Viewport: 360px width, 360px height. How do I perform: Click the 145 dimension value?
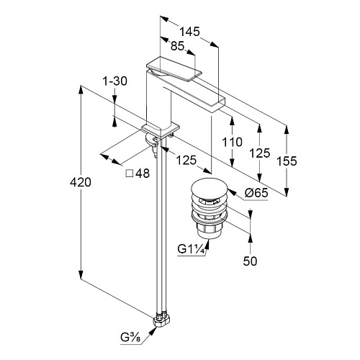[190, 32]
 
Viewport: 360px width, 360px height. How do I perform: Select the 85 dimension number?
[177, 46]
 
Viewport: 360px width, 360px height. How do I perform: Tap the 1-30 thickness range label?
[115, 81]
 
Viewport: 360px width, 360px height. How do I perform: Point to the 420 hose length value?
[81, 182]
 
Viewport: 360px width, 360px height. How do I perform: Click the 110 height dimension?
[232, 142]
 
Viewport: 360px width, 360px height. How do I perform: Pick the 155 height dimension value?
[287, 161]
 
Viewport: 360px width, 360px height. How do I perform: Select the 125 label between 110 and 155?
[260, 153]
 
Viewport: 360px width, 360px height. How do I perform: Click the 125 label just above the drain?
[186, 160]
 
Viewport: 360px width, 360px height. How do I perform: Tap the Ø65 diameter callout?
[256, 193]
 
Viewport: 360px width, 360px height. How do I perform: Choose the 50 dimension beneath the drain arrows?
[250, 261]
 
